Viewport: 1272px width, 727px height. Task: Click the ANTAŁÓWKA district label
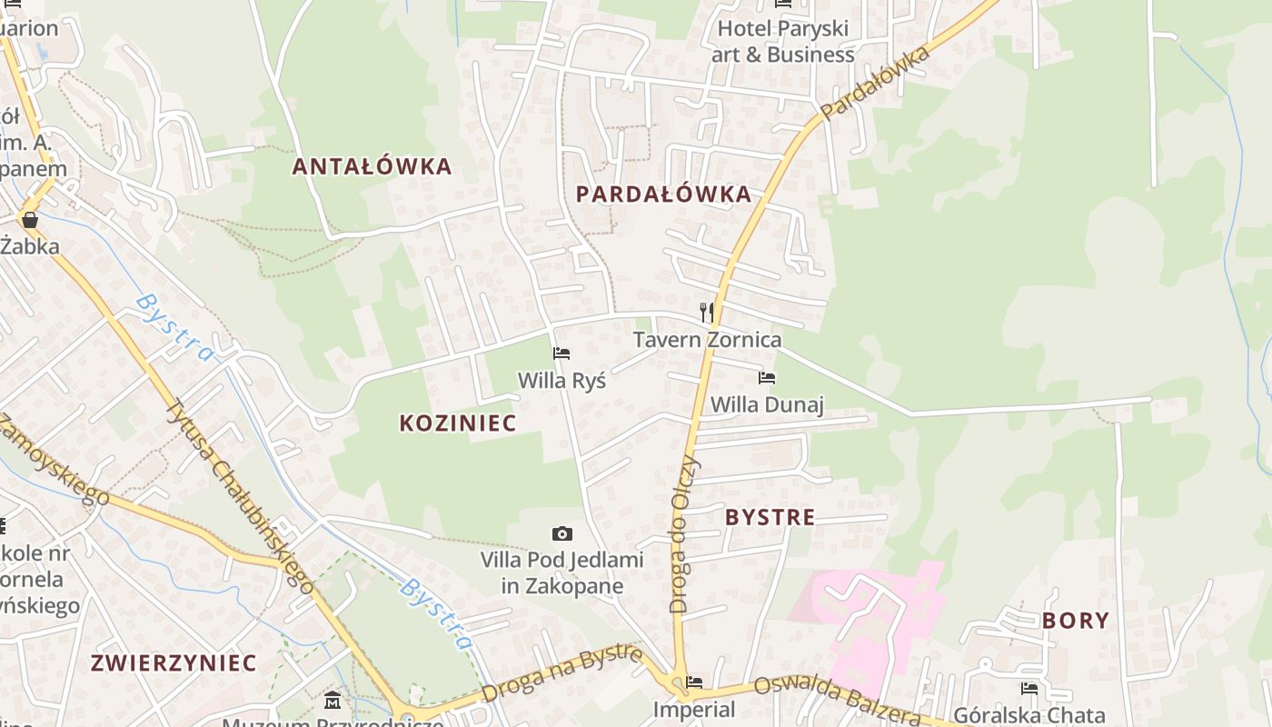[372, 166]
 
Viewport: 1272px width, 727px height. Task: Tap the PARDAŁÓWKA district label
[663, 194]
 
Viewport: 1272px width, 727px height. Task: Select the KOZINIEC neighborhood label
[458, 423]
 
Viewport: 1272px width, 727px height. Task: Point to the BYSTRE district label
[770, 517]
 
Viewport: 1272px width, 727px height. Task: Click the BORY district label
[1076, 621]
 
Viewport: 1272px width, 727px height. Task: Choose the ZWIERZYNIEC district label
[174, 662]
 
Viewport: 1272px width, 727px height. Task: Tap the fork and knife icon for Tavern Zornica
[707, 313]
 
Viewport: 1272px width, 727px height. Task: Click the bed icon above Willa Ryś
[561, 354]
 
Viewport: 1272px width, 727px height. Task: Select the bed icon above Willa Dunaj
[767, 377]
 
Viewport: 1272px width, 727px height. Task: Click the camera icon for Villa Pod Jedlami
[562, 533]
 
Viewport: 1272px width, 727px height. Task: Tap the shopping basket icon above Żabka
[30, 220]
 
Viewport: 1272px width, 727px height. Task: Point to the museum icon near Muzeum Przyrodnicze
[333, 701]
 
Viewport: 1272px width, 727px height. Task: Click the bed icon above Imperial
[695, 682]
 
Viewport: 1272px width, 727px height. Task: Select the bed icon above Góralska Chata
[1029, 688]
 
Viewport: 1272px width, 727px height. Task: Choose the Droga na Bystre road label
[562, 673]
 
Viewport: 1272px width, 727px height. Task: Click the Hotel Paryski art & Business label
[782, 41]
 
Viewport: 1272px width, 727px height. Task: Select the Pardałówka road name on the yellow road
[875, 83]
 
